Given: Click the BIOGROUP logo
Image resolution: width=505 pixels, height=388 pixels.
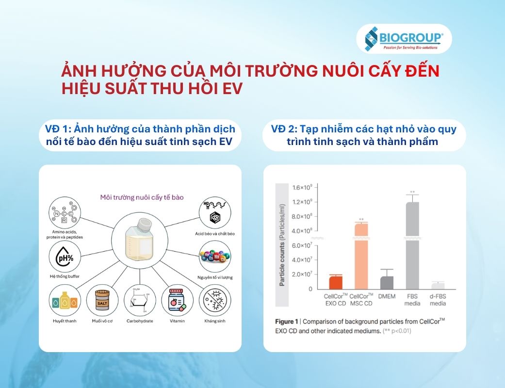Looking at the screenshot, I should click(x=404, y=39).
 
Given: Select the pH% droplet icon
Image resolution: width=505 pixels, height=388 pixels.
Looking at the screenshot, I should click(x=65, y=257).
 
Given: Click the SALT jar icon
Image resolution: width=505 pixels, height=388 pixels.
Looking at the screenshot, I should click(x=102, y=300).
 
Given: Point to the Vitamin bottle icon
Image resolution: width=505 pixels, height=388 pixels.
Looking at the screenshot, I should click(x=178, y=300).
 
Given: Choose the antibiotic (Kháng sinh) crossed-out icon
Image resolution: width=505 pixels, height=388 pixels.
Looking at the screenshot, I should click(x=215, y=300).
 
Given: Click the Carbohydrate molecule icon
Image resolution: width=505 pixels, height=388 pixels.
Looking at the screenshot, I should click(x=140, y=300).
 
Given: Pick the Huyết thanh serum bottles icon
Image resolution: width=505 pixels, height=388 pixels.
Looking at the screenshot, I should click(x=65, y=300).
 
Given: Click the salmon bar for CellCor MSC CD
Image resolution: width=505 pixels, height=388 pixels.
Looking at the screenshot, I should click(x=361, y=256).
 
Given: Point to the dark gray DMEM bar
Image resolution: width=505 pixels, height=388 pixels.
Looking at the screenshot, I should click(x=387, y=283).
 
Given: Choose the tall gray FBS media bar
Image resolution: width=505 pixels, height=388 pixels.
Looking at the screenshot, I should click(x=412, y=245).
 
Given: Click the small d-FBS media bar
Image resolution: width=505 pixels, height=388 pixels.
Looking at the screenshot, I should click(x=438, y=286).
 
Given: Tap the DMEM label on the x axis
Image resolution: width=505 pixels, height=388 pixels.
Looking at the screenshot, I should click(x=387, y=296).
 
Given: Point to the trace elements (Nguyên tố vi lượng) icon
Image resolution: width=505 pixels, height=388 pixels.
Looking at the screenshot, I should click(x=215, y=257).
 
